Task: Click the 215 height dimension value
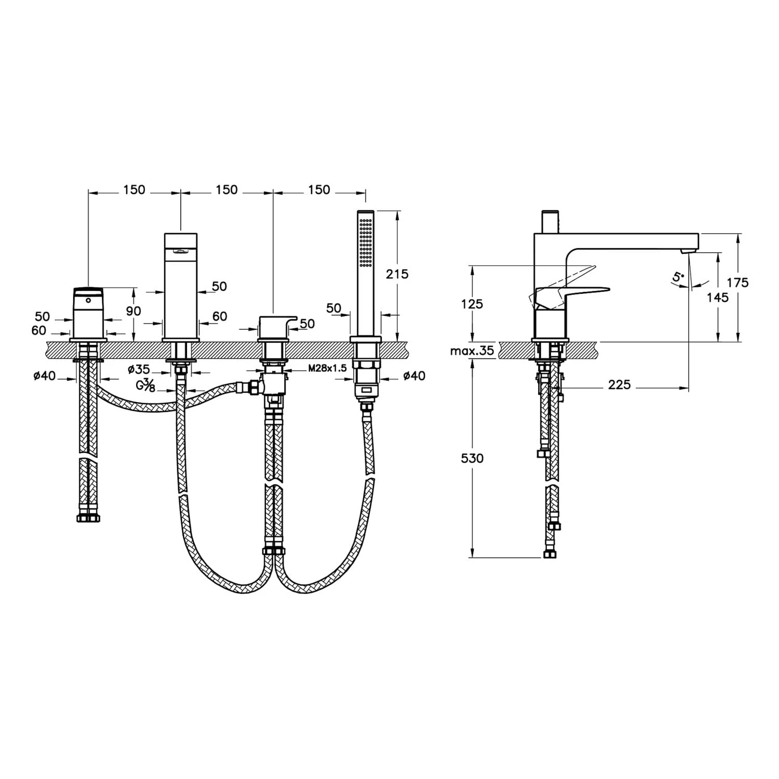[397, 274]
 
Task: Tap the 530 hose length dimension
[472, 458]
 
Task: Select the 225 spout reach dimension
[619, 385]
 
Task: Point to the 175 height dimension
[738, 283]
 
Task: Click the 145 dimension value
[717, 298]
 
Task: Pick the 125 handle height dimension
[472, 304]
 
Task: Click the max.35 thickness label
[472, 351]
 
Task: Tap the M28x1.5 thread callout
[327, 369]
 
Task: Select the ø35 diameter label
[139, 369]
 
